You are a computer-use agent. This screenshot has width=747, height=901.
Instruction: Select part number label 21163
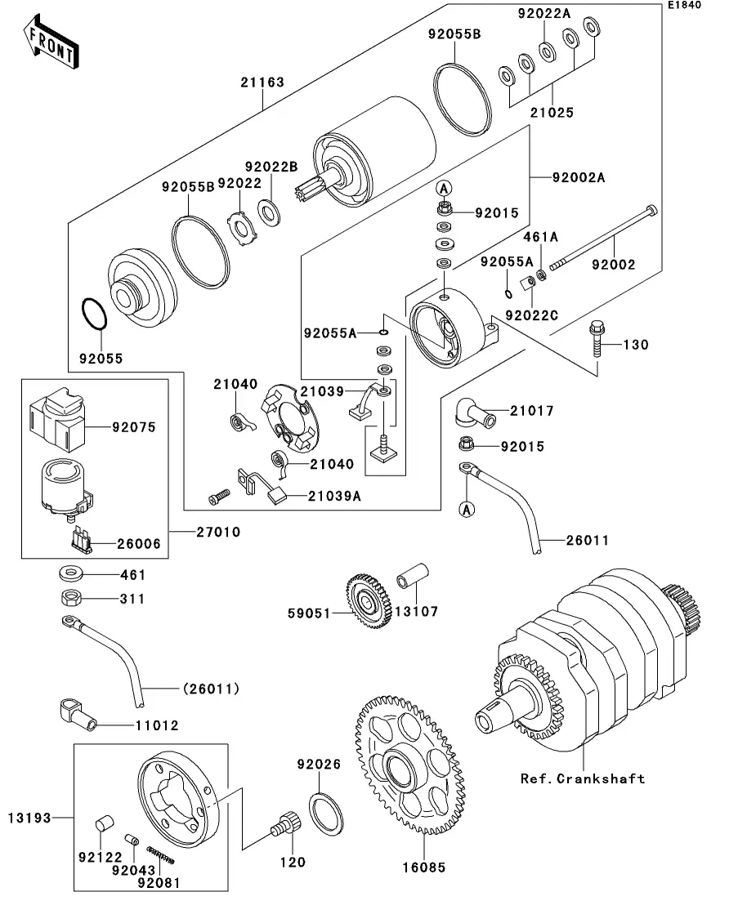coord(262,83)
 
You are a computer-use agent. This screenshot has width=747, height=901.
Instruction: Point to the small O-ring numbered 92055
coord(94,314)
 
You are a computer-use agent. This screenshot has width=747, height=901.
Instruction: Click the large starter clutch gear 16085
coord(410,765)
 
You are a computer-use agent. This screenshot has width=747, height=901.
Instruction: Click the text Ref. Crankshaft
coord(583,778)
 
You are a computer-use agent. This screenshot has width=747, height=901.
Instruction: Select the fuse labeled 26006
coord(80,541)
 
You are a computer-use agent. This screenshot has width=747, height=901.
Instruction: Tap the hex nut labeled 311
coord(71,598)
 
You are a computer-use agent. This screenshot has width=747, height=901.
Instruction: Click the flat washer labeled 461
coord(71,573)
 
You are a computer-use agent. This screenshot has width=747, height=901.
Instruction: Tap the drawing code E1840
coord(684,5)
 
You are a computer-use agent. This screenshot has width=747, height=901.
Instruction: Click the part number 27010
coord(218,532)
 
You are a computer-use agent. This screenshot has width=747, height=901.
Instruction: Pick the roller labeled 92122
coord(104,823)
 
